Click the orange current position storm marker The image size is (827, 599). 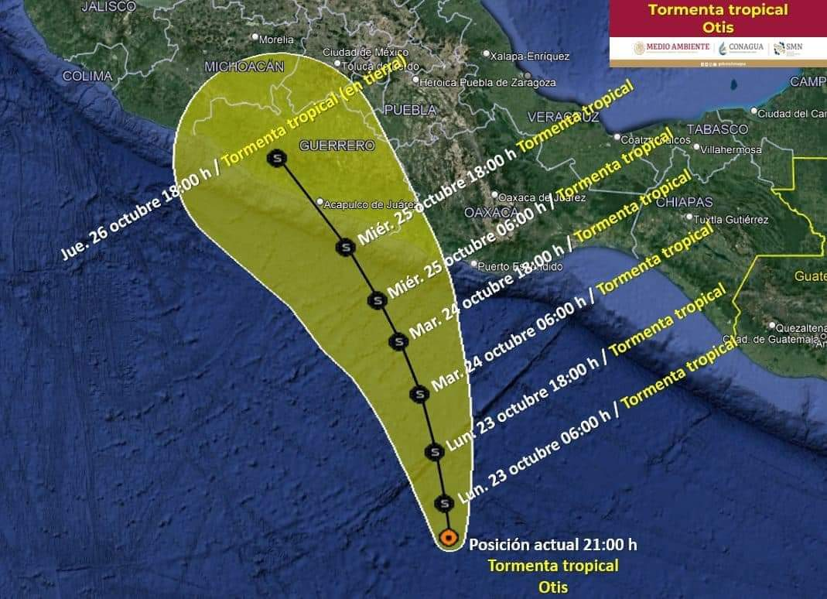447,537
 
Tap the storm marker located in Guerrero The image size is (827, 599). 276,159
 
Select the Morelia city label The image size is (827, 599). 275,39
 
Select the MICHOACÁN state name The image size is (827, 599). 244,67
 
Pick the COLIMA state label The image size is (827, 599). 87,76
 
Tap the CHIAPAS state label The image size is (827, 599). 684,202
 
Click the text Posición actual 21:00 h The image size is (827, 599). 553,545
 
